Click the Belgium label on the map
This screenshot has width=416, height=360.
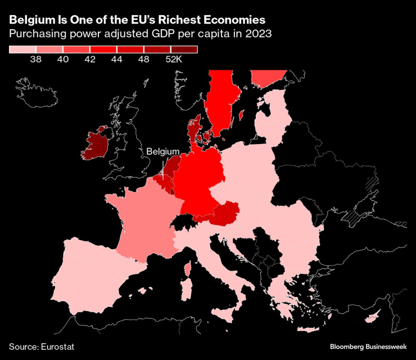point(163,152)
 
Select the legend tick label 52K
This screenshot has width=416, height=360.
point(172,59)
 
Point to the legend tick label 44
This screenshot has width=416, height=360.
point(117,59)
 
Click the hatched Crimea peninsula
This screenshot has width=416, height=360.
point(354,215)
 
